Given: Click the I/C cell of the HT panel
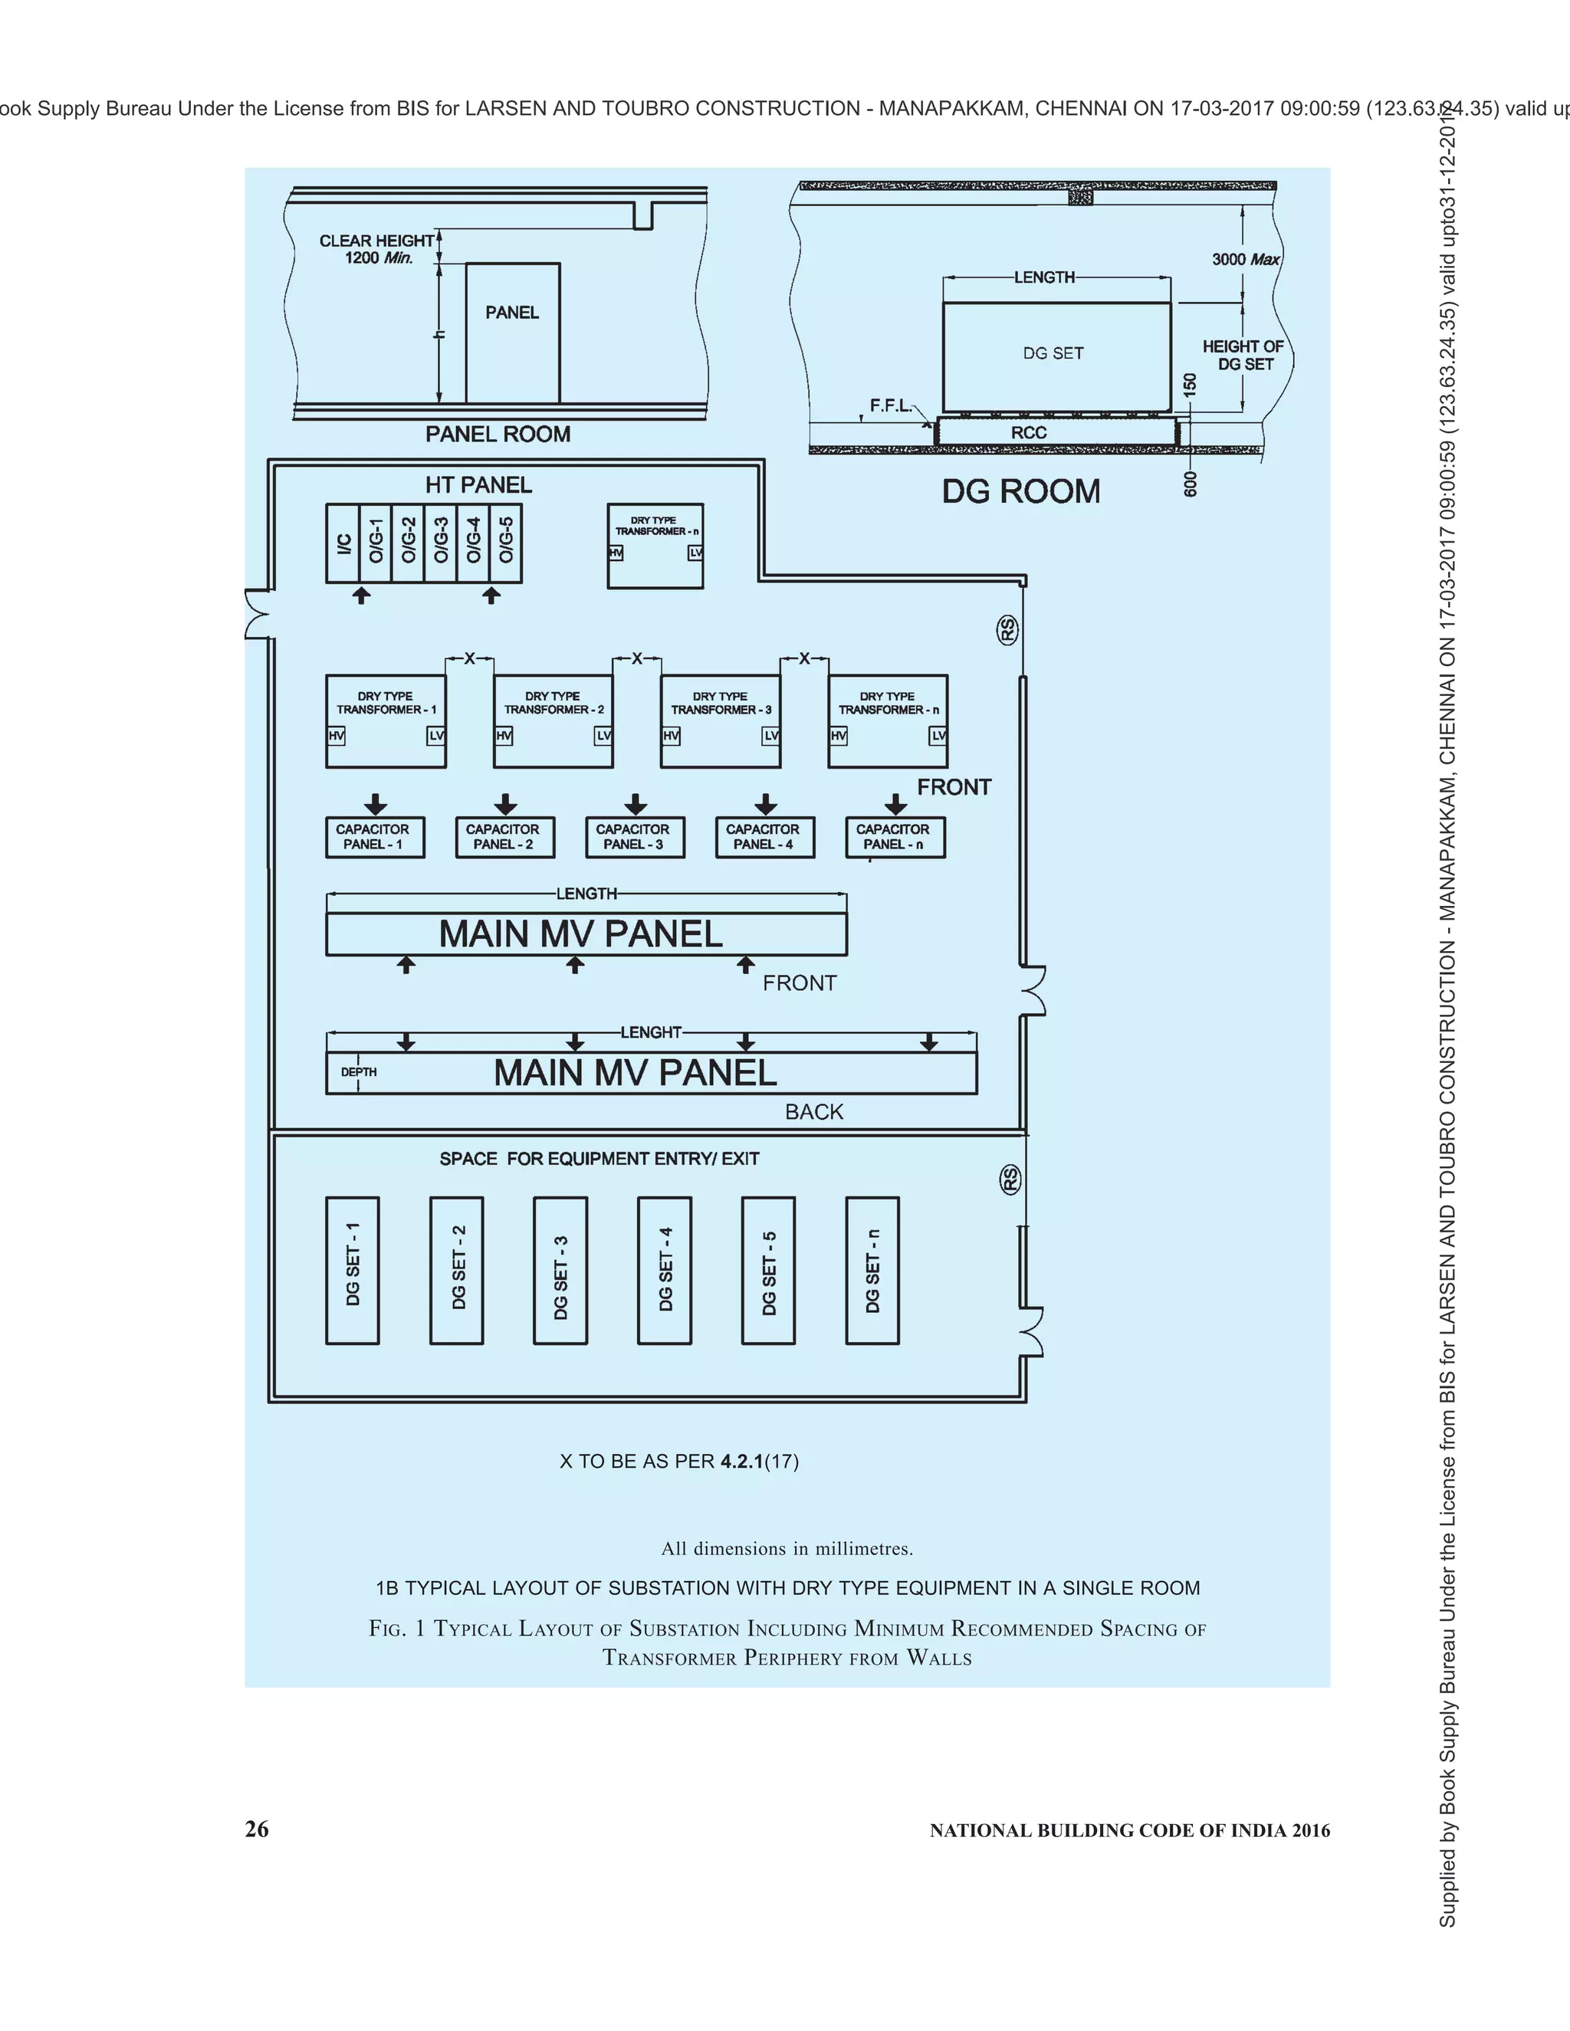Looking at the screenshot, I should pyautogui.click(x=343, y=544).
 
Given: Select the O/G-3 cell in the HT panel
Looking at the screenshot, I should pyautogui.click(x=441, y=544).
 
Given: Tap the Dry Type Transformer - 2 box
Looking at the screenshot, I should pyautogui.click(x=553, y=720).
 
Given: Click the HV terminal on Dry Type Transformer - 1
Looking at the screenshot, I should pyautogui.click(x=336, y=736).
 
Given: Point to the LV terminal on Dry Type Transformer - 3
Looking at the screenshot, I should pyautogui.click(x=771, y=736).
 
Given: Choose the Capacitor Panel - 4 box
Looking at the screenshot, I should pyautogui.click(x=764, y=837).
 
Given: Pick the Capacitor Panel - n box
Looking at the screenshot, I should pyautogui.click(x=895, y=837).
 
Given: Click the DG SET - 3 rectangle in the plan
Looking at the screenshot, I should pyautogui.click(x=560, y=1270).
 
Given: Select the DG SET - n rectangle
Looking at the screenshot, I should pyautogui.click(x=872, y=1270).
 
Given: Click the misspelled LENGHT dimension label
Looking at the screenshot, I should pyautogui.click(x=651, y=1032).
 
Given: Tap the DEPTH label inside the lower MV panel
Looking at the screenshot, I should pyautogui.click(x=359, y=1072).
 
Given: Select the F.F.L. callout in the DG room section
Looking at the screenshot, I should pyautogui.click(x=890, y=405).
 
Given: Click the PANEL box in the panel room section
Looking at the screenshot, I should pyautogui.click(x=513, y=332).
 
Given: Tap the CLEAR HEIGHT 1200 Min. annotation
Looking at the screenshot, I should pyautogui.click(x=376, y=249).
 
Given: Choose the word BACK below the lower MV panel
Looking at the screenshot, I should pyautogui.click(x=814, y=1111).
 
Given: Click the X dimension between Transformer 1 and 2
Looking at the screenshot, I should pyautogui.click(x=470, y=658).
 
